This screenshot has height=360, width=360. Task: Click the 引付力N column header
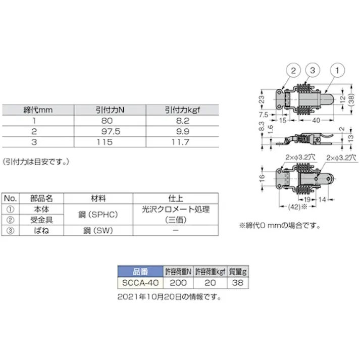(110, 110)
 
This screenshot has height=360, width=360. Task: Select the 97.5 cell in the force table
(110, 131)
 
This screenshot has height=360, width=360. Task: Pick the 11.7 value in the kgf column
(182, 142)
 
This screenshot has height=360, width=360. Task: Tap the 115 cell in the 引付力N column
(110, 142)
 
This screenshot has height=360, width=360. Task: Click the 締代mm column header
(38, 110)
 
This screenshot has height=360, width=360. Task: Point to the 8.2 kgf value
(182, 121)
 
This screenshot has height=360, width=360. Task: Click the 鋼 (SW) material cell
(98, 230)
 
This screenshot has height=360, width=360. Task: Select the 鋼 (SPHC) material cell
(98, 215)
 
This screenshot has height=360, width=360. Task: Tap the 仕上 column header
(175, 198)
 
